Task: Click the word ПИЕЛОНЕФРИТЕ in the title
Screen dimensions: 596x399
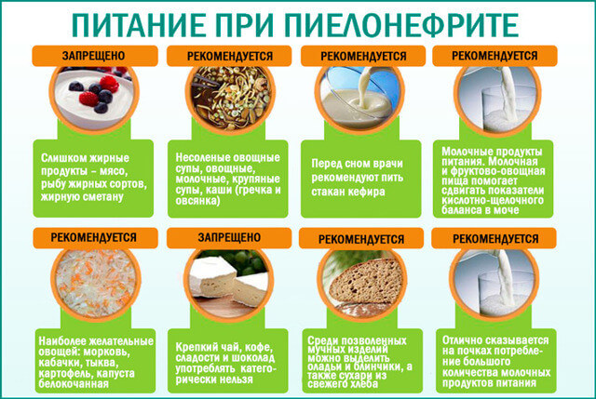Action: click(401, 25)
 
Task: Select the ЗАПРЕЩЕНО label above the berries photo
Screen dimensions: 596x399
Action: click(93, 56)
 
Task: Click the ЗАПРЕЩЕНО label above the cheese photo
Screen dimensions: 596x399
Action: click(229, 238)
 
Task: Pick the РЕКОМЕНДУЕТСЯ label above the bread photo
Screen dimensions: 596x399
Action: click(361, 240)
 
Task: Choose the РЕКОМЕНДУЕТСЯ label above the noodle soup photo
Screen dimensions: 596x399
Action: click(230, 56)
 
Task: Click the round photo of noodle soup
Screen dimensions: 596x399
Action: click(230, 97)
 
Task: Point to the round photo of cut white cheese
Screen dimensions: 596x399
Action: click(229, 281)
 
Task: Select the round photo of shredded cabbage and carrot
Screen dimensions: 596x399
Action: click(96, 282)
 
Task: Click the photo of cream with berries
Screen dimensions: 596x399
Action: click(94, 97)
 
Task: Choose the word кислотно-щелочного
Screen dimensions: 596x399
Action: click(493, 200)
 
